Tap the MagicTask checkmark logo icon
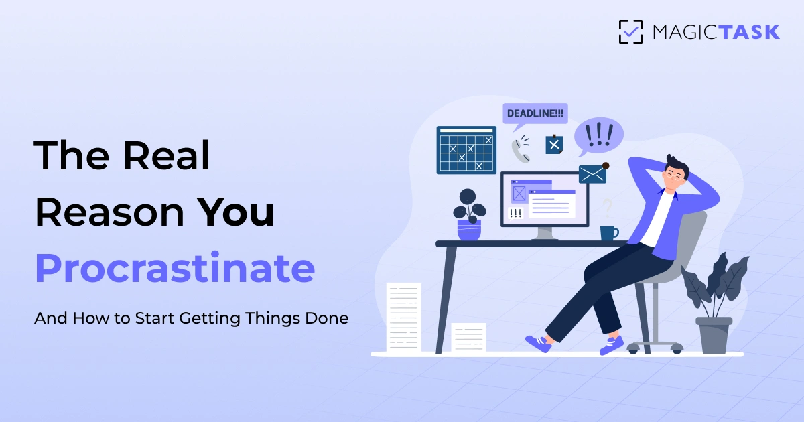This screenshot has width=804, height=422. (630, 31)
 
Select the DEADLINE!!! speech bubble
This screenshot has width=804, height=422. (535, 113)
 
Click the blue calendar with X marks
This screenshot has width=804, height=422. (466, 150)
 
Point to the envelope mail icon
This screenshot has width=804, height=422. (592, 174)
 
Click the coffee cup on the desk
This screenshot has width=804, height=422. (608, 233)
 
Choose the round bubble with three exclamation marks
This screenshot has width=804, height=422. (598, 136)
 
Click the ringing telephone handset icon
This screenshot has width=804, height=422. (521, 149)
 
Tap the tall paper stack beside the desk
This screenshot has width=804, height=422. (403, 317)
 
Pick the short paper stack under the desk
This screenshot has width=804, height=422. (468, 337)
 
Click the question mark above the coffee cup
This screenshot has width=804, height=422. (607, 206)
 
